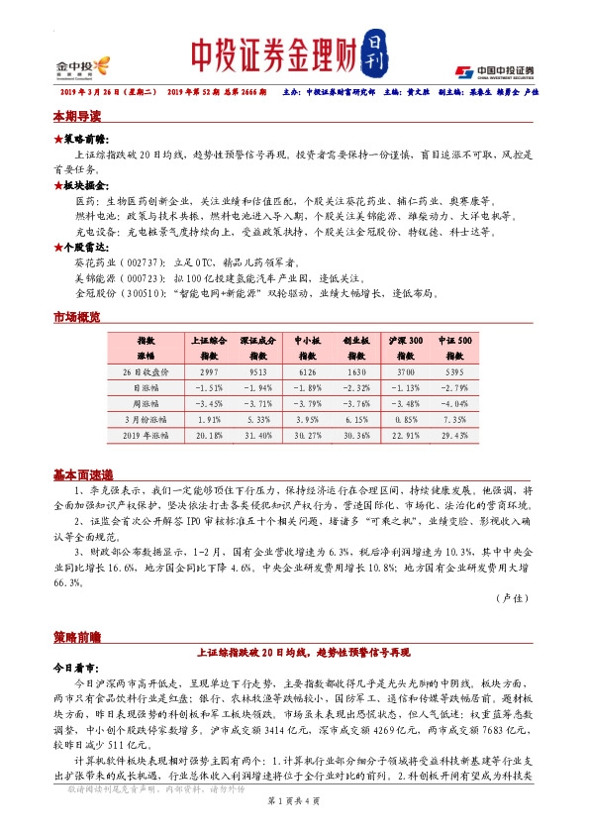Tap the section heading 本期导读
pos(76,117)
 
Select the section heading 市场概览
pos(76,317)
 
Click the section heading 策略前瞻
pos(76,634)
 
